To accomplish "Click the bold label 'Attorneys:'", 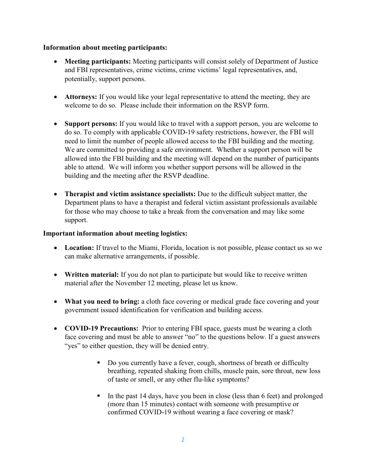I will pyautogui.click(x=81, y=97).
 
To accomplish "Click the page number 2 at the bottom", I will pyautogui.click(x=183, y=439).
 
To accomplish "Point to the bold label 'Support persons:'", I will pyautogui.click(x=91, y=124).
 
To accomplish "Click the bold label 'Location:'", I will pyautogui.click(x=79, y=248).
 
